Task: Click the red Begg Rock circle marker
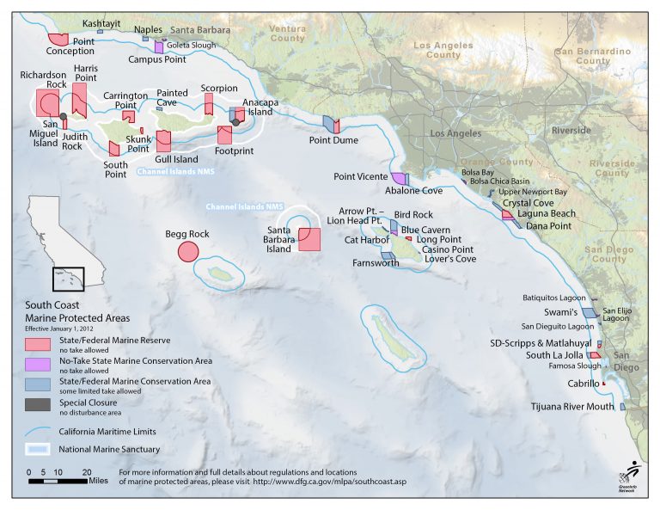[x=187, y=251]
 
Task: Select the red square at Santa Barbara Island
[x=309, y=238]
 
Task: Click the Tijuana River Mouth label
[x=571, y=407]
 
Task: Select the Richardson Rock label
[x=43, y=80]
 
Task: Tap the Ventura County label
[x=287, y=34]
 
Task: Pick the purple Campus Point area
[x=159, y=46]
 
